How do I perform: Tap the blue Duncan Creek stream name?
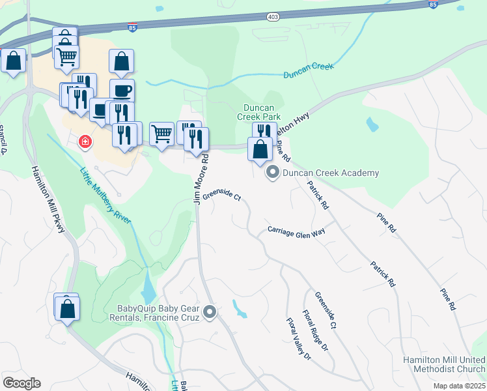309,70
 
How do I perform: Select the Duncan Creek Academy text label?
331,173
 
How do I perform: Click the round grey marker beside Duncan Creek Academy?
273,173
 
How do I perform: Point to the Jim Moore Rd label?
201,179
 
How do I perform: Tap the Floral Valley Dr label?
299,339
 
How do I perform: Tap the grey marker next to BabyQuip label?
210,313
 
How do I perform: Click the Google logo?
21,383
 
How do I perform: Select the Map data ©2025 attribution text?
458,386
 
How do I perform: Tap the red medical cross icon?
85,141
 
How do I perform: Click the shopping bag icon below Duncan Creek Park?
260,150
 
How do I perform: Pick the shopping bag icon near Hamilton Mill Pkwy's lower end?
67,309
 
